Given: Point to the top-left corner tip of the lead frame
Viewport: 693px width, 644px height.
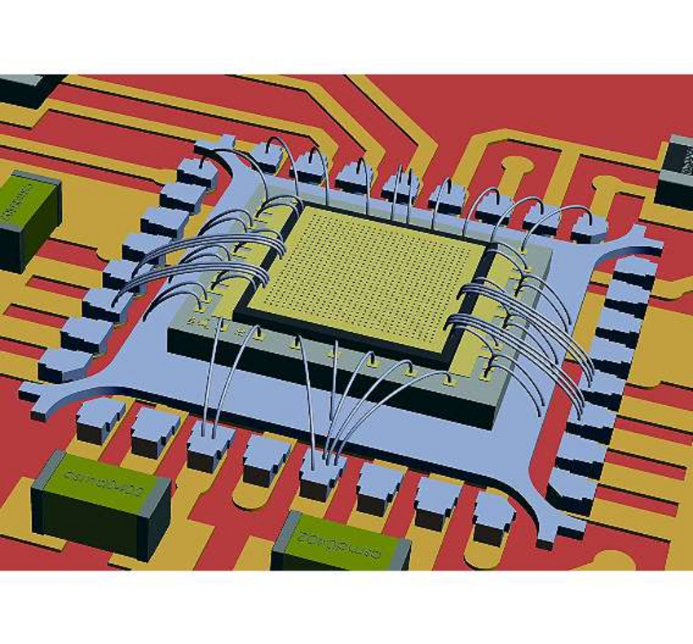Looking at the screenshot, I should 204,145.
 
